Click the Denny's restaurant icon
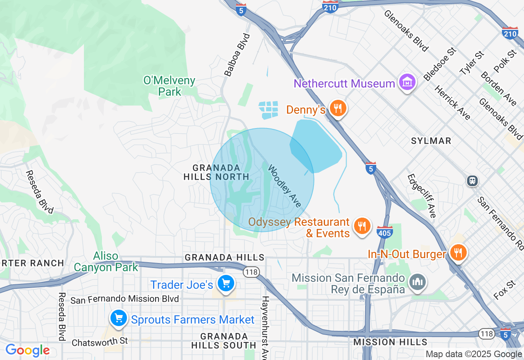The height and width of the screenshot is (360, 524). [x=337, y=109]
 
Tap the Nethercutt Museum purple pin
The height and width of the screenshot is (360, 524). [x=407, y=83]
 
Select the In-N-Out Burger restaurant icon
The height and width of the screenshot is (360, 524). [x=458, y=253]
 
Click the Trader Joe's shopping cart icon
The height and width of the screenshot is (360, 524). [x=225, y=283]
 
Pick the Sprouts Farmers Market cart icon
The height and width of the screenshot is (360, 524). [x=119, y=318]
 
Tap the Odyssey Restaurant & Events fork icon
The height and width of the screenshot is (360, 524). [x=361, y=226]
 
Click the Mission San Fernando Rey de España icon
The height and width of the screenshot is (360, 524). [x=418, y=282]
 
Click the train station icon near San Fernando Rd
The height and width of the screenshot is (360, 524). [x=472, y=180]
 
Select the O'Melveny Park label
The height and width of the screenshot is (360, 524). [x=169, y=86]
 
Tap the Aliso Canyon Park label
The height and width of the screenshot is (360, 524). [x=106, y=262]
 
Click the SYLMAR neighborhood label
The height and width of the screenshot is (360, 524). [x=431, y=141]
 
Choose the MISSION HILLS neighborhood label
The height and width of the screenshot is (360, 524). [x=390, y=342]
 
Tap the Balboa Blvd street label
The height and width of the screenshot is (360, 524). [x=237, y=55]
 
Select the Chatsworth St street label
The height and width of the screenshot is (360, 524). [x=100, y=341]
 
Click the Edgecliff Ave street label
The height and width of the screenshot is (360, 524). [x=422, y=196]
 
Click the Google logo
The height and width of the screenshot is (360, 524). [x=27, y=351]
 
